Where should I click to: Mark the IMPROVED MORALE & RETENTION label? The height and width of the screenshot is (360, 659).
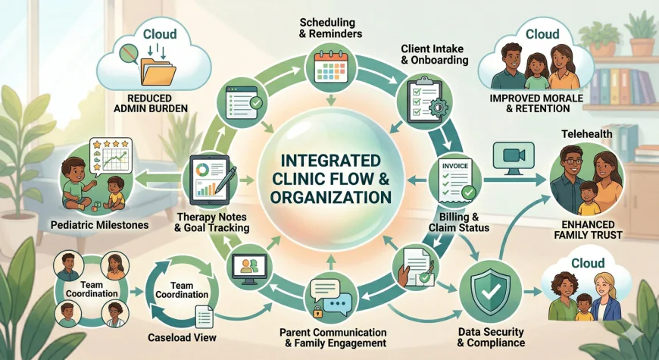point(550,103)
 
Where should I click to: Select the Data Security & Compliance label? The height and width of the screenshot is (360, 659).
point(492,337)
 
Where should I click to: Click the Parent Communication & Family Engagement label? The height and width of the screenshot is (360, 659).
point(333,338)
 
